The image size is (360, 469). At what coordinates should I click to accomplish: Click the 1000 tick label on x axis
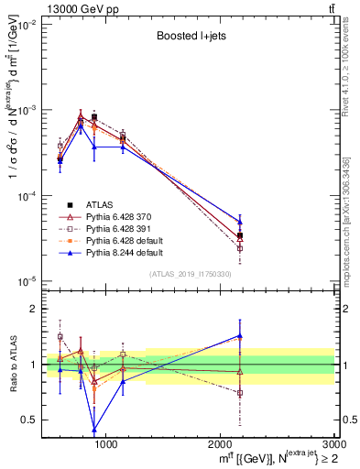pos(105,444)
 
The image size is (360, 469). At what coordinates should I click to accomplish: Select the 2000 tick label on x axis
pos(219,444)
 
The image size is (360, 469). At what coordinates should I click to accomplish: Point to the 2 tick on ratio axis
pos(33,309)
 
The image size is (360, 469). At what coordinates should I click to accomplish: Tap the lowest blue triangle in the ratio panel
pos(94,429)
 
